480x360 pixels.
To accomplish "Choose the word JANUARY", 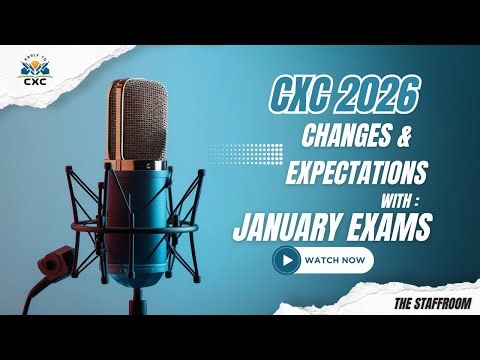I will (x=289, y=227).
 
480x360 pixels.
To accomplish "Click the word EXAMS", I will (x=389, y=227).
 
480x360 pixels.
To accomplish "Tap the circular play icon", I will (x=287, y=260).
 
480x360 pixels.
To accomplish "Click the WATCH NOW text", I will (x=335, y=260).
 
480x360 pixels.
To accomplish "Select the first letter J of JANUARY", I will (x=239, y=228).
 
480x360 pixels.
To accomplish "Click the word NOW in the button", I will (x=352, y=260).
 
